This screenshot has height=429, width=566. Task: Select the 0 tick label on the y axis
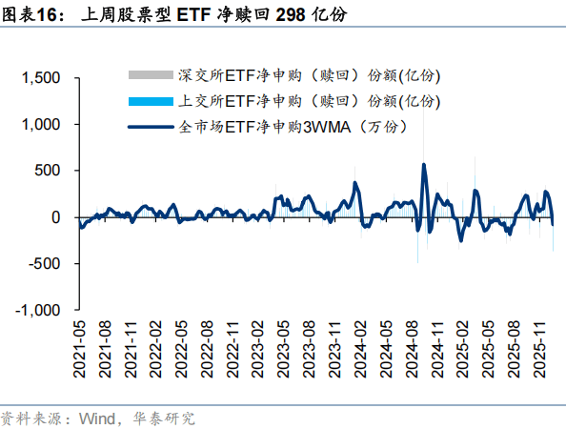tap(56, 217)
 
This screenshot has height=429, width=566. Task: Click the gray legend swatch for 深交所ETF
tap(151, 75)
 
